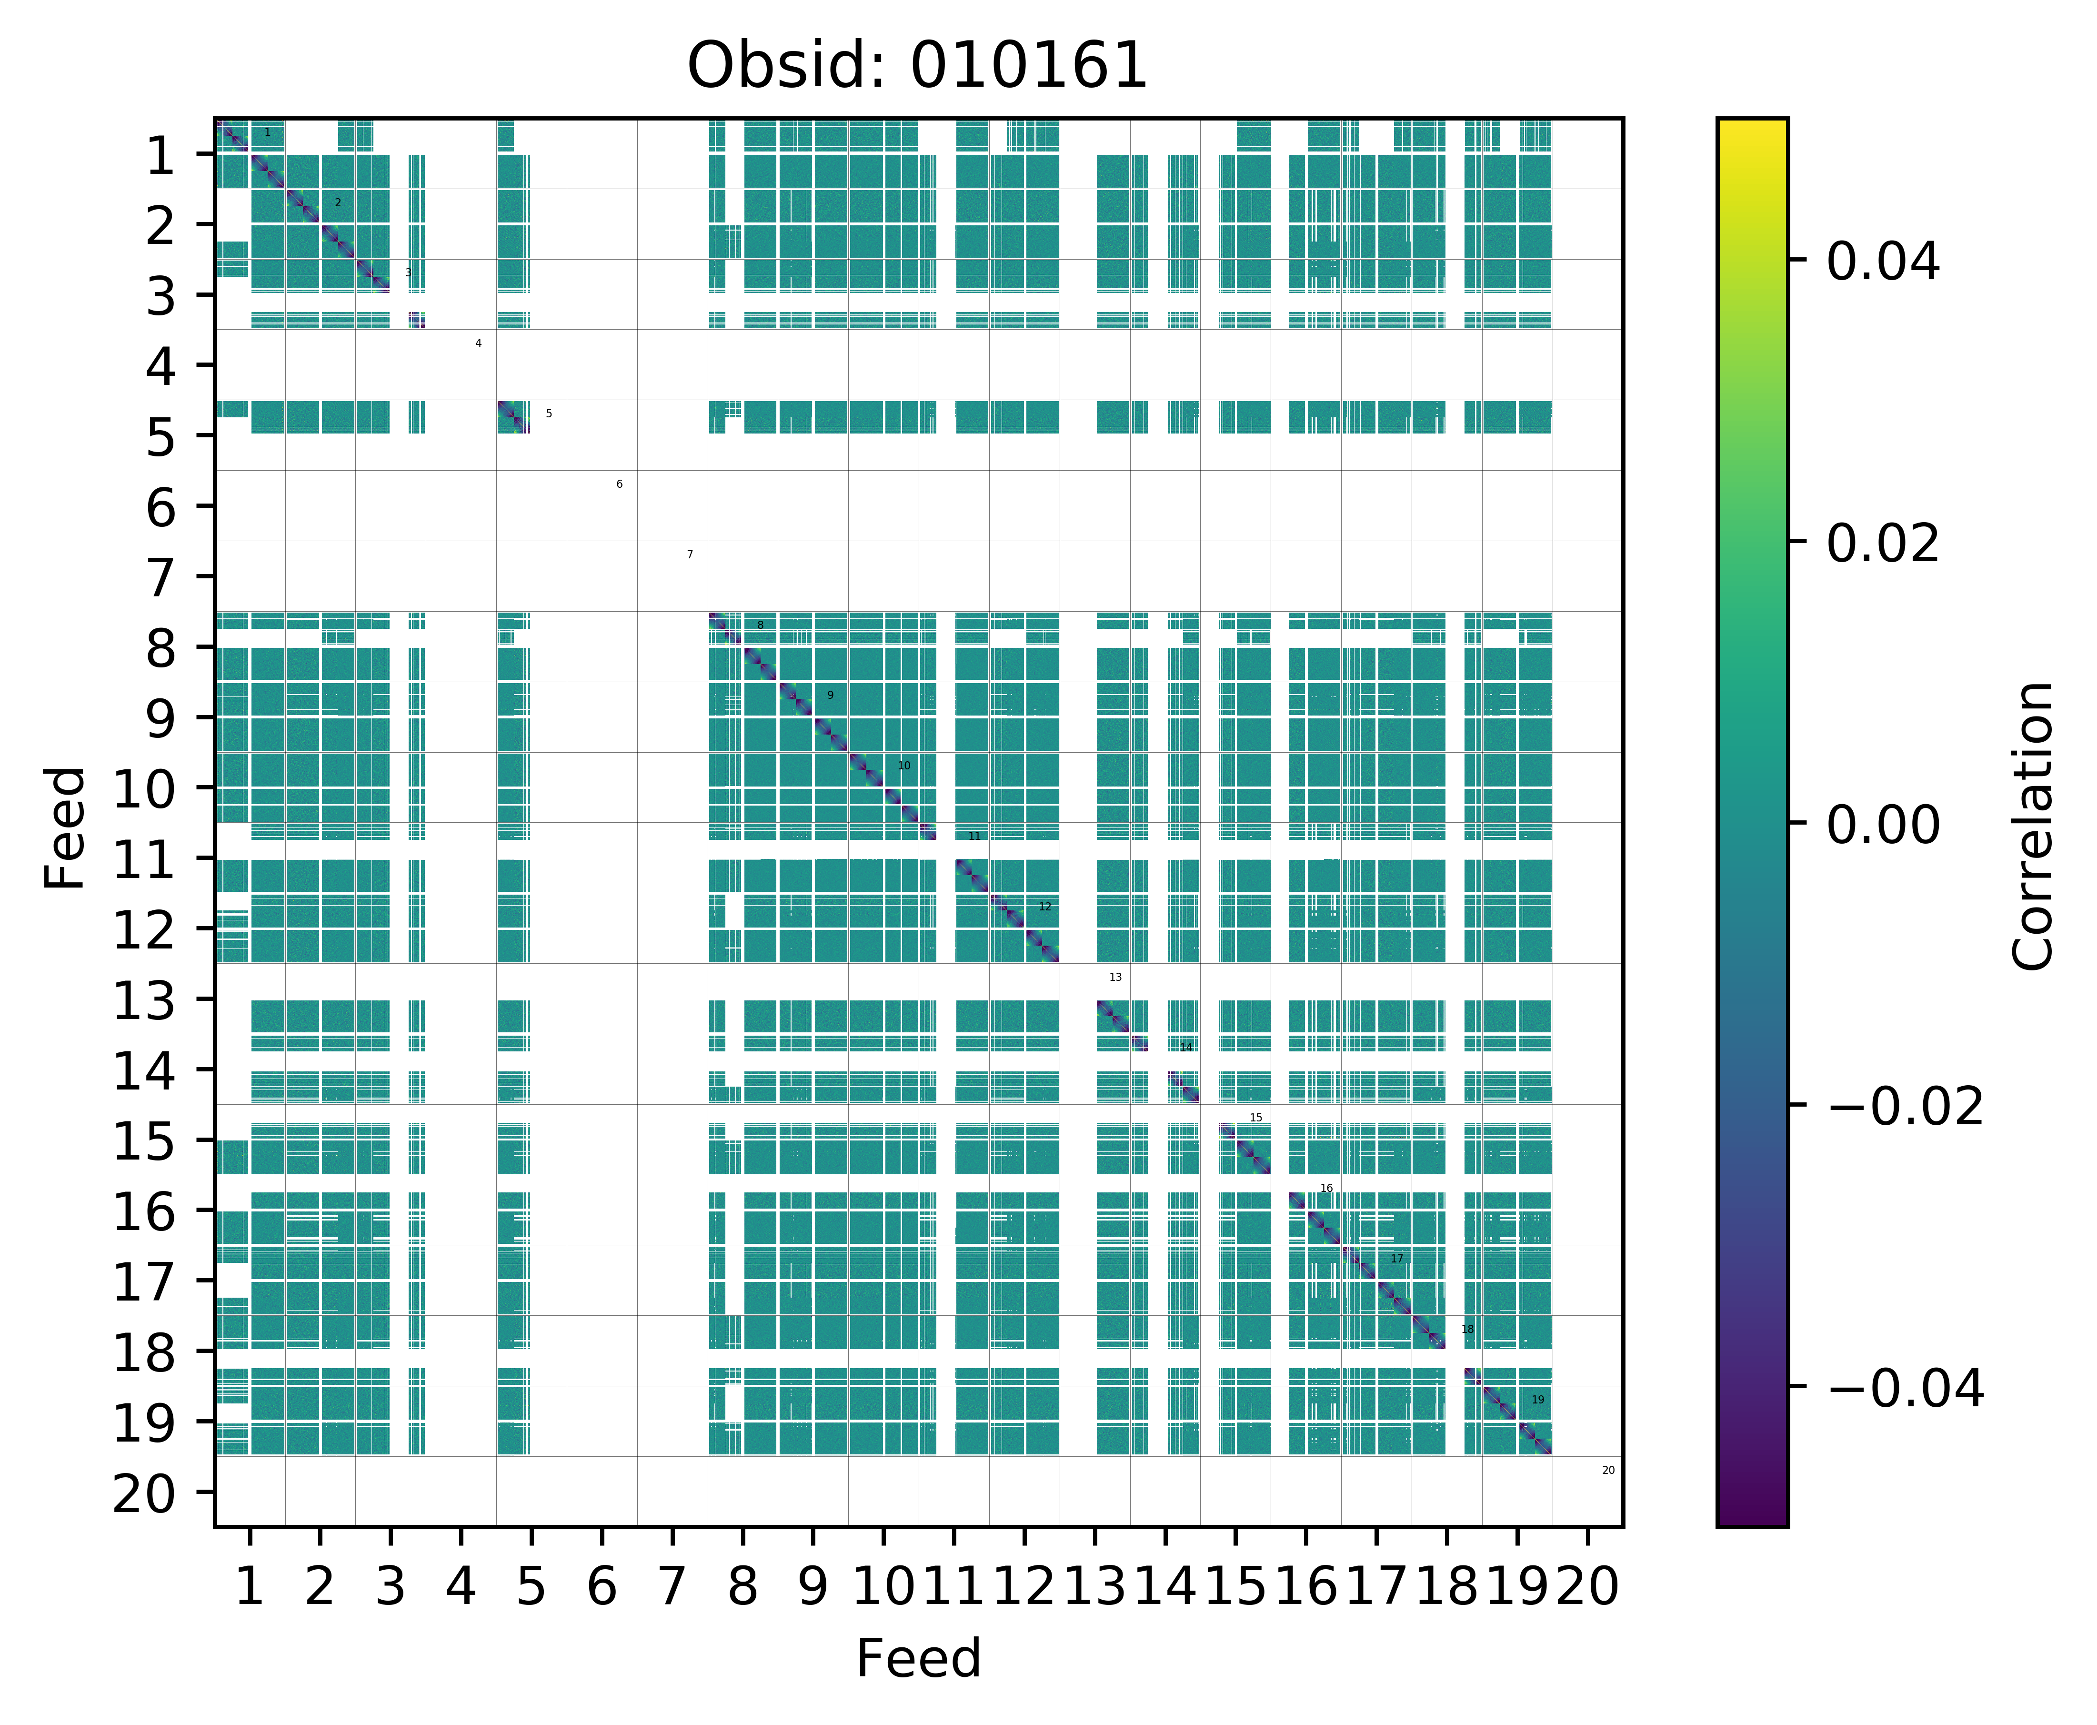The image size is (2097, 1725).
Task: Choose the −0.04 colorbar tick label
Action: click(1905, 1388)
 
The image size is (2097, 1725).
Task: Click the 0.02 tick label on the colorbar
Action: click(1882, 544)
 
